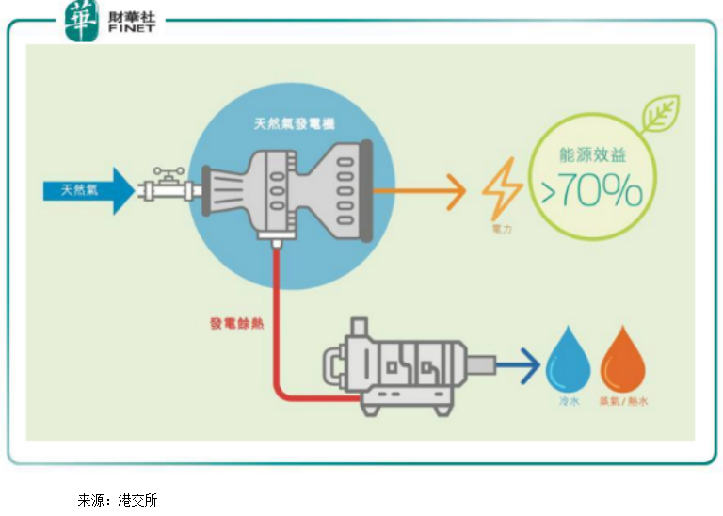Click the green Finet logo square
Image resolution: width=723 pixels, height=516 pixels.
point(81,21)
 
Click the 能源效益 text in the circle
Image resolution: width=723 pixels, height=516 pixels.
point(592,153)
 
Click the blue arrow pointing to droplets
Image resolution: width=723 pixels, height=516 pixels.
point(519,363)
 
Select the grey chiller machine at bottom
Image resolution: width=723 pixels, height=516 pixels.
point(401,366)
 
